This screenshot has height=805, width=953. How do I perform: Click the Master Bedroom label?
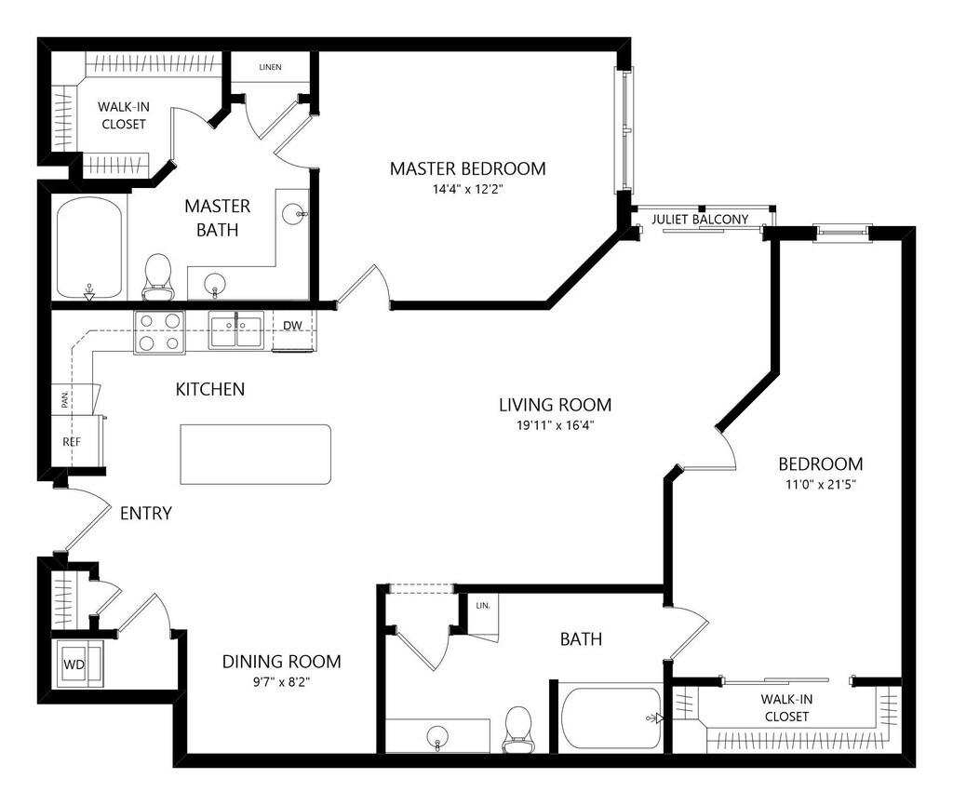(x=467, y=168)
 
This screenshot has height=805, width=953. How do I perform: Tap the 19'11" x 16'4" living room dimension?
(x=555, y=425)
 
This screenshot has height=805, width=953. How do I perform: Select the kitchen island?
(x=255, y=454)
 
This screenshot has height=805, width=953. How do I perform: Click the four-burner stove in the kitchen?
(x=159, y=331)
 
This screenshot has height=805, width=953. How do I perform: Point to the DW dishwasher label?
(x=292, y=326)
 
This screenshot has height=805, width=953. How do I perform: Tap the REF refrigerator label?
(x=72, y=442)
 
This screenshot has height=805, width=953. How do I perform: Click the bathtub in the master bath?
(x=89, y=248)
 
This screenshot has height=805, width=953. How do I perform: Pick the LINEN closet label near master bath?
(x=271, y=67)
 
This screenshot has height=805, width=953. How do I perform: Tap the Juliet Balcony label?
(x=700, y=220)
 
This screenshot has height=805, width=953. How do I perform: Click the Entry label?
(x=146, y=514)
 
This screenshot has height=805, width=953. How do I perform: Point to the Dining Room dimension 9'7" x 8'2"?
(x=281, y=682)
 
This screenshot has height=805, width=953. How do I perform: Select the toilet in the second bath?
(x=517, y=729)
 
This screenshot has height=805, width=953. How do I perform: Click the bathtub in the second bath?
(x=611, y=718)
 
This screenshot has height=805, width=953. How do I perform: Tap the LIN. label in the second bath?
(x=483, y=606)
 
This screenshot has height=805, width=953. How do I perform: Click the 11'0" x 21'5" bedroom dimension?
(x=821, y=485)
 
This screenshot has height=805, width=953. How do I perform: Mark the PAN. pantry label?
(x=65, y=399)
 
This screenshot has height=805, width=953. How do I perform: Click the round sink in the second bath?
(x=437, y=736)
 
